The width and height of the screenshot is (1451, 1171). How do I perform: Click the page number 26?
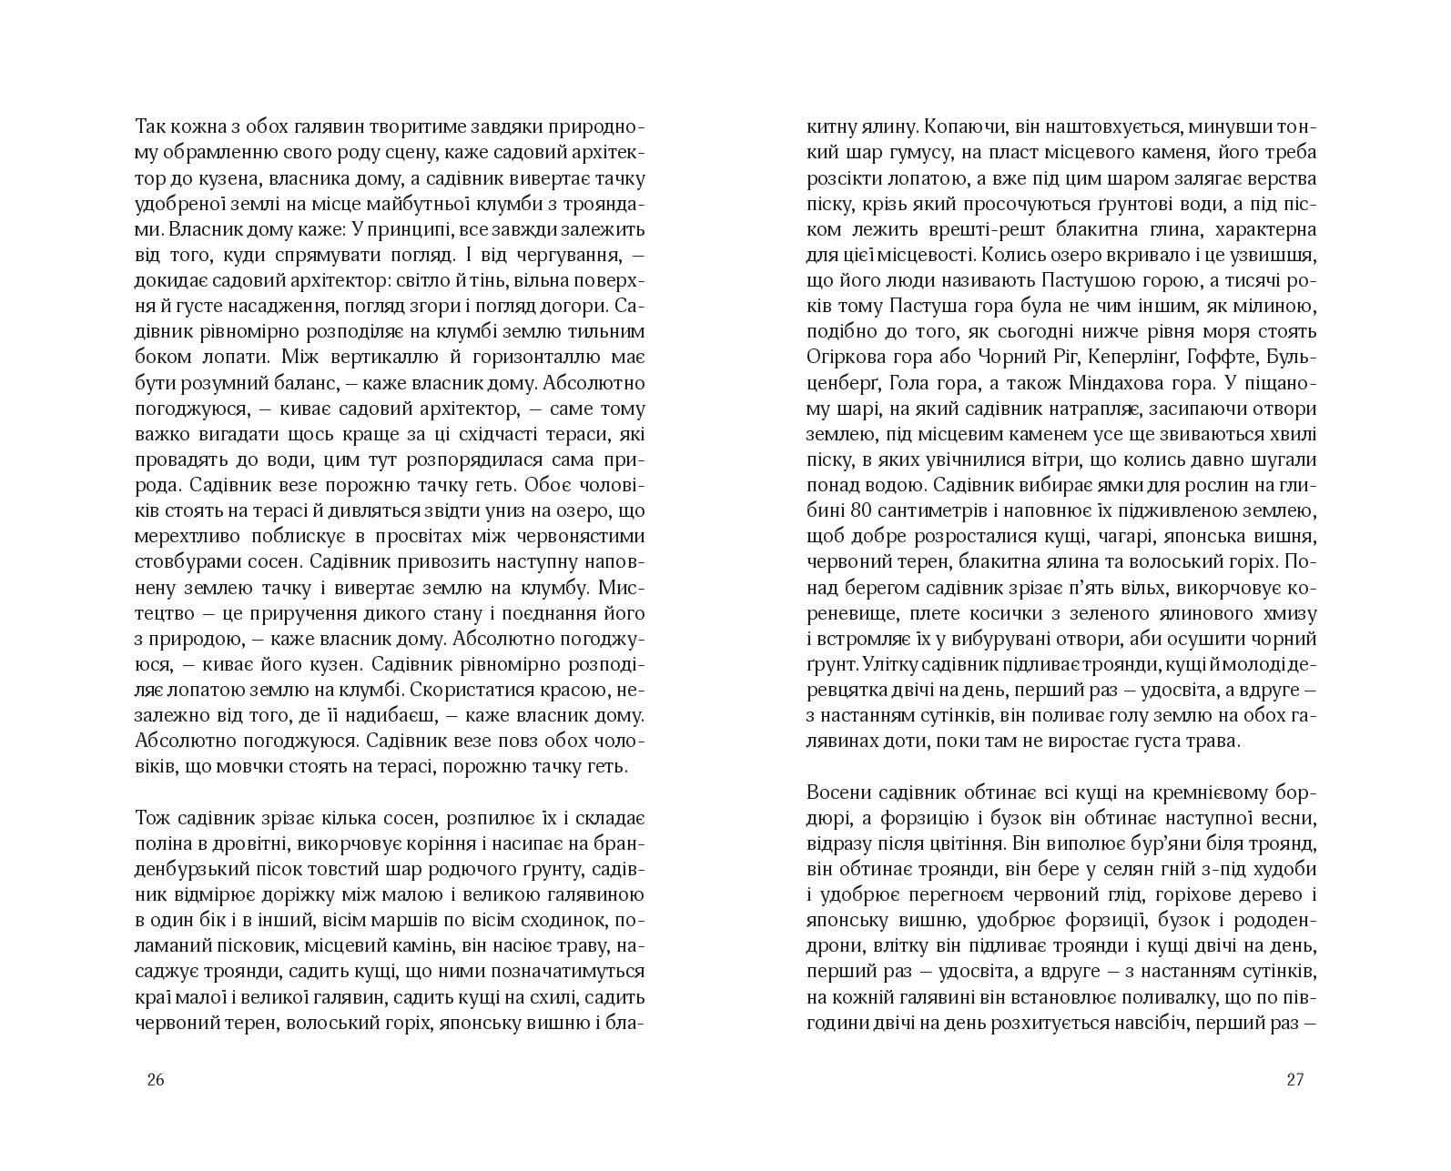click(155, 1080)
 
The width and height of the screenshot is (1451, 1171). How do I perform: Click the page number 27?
click(1295, 1080)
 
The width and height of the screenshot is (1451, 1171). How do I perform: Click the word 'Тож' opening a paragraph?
click(150, 792)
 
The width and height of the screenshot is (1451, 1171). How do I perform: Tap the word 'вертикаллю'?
click(366, 355)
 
